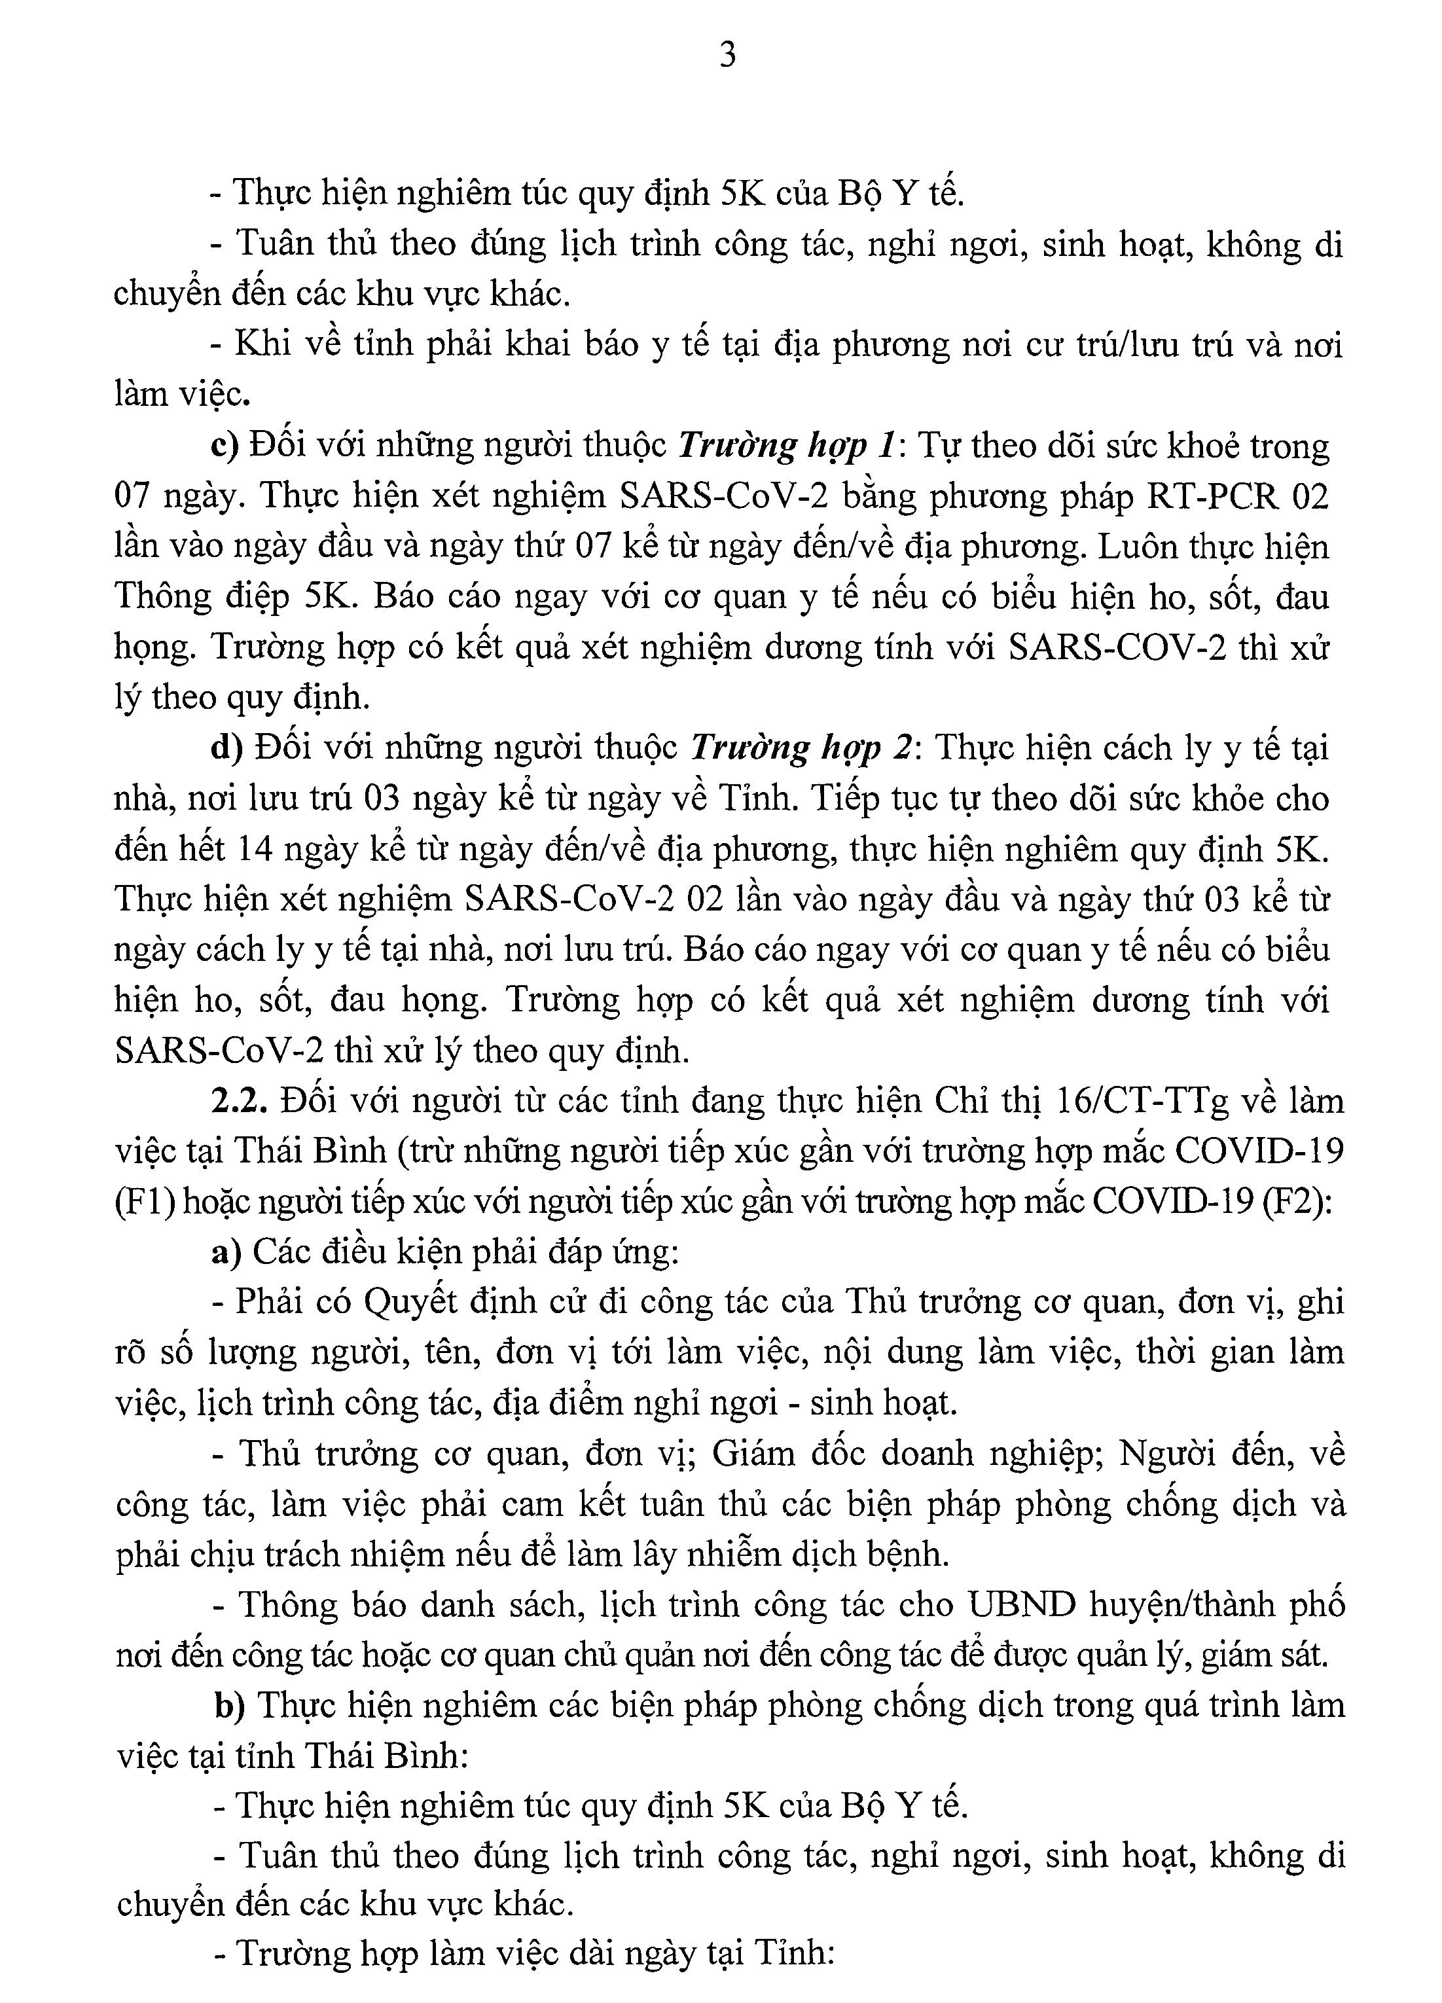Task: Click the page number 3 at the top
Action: point(728,56)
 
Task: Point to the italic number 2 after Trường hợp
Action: point(901,749)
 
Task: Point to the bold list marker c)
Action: point(225,447)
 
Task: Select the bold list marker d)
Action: point(227,749)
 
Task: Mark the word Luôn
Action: point(1138,548)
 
